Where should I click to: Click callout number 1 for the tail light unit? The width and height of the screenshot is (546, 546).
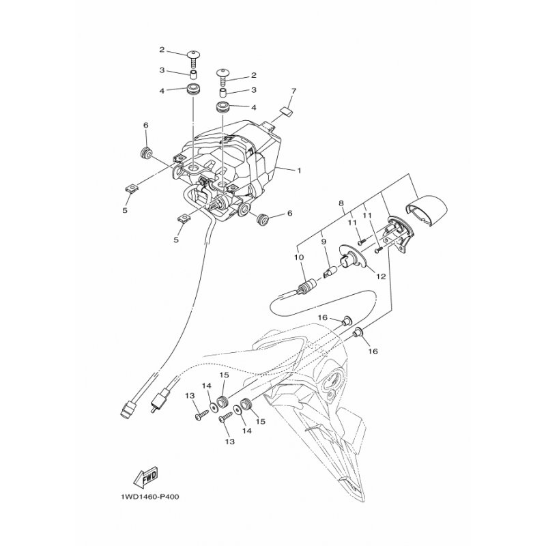(x=299, y=171)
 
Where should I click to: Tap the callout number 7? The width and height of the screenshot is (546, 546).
(x=294, y=91)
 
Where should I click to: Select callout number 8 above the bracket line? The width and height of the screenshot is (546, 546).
(x=341, y=203)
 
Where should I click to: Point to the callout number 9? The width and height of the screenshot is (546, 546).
(x=323, y=241)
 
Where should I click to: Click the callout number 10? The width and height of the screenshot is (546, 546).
(x=299, y=257)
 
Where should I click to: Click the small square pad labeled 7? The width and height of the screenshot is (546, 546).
(x=287, y=111)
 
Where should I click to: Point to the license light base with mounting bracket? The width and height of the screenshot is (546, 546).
(x=397, y=233)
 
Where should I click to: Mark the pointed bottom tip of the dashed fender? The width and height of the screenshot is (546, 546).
(x=363, y=502)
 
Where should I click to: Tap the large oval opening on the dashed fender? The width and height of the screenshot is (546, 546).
(x=334, y=380)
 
